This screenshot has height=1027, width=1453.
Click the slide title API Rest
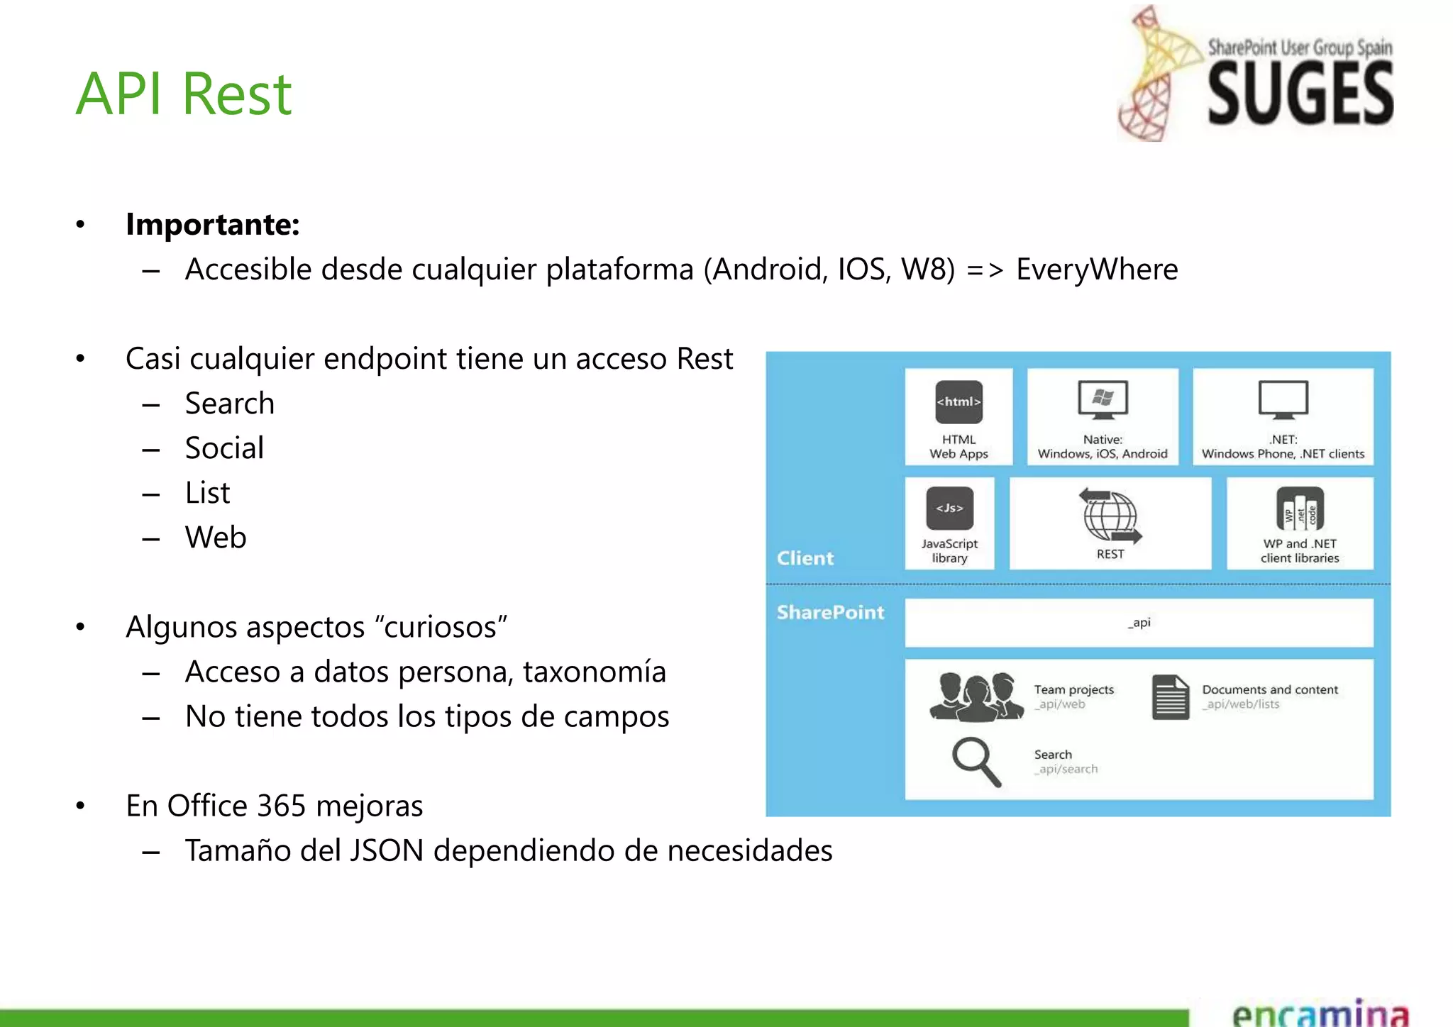184,94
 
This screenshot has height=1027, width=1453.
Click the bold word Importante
212,225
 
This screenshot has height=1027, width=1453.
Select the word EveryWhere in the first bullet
1097,270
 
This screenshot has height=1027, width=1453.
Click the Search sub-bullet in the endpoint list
229,404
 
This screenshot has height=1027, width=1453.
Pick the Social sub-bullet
224,448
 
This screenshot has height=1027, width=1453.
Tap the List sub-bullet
207,493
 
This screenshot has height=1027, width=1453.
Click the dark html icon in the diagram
958,401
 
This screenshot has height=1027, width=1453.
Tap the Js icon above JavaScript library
949,508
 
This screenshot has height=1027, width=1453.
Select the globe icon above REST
1110,516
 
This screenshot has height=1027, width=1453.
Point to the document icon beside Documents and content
1170,697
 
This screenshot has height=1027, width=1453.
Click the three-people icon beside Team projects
976,696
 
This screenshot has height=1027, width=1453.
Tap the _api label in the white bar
1139,623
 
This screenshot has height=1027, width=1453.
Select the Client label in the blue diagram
805,558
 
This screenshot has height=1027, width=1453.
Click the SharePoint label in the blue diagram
830,612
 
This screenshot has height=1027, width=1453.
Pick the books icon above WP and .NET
1300,509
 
